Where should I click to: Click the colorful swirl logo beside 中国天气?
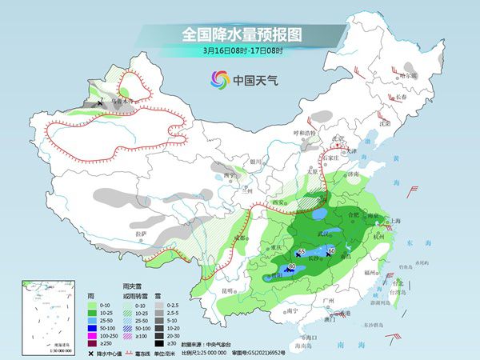(x=218, y=79)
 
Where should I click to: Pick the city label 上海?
(x=393, y=221)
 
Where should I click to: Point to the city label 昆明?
(x=230, y=290)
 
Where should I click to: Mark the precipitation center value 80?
(x=292, y=266)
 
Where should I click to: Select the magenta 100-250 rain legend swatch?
(x=93, y=335)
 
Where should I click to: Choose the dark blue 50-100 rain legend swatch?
(x=93, y=328)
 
